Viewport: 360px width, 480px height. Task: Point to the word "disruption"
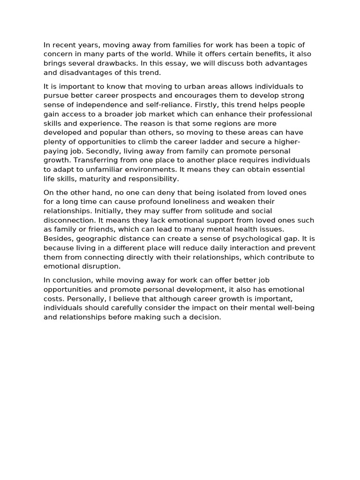coord(101,266)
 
